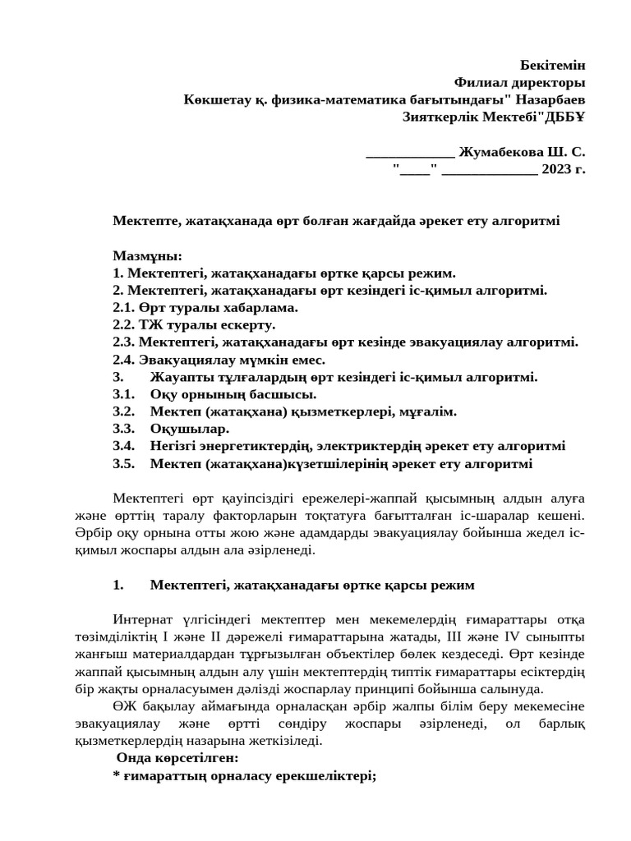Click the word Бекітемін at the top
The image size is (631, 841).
[x=553, y=65]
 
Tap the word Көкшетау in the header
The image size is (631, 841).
[x=214, y=99]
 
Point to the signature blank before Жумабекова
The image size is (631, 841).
[x=409, y=154]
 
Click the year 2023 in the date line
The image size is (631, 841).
[x=556, y=169]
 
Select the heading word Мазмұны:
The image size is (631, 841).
[x=147, y=255]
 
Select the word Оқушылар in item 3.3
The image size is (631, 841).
[x=190, y=429]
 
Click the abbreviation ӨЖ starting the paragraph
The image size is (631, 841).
[x=122, y=706]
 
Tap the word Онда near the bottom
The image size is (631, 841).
[x=134, y=757]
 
